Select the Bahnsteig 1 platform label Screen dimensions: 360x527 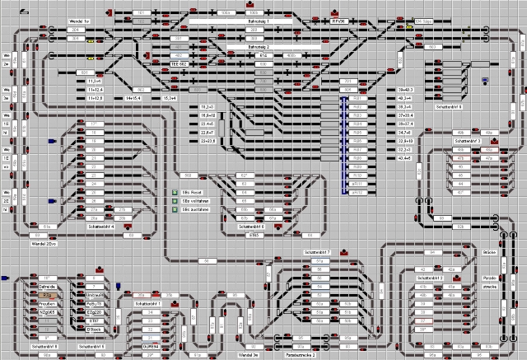279,21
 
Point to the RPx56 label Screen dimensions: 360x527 338,22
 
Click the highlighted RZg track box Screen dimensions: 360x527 48,294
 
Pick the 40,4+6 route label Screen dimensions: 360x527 404,158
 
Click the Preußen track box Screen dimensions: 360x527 47,304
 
